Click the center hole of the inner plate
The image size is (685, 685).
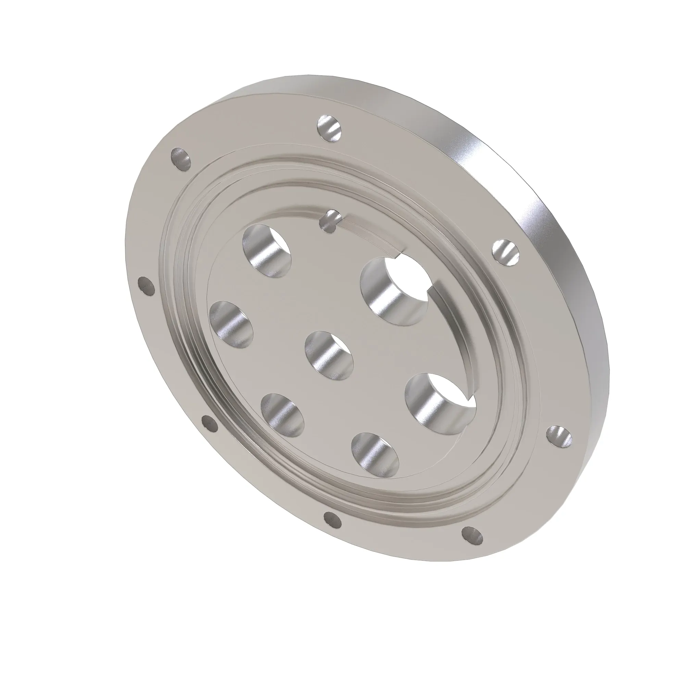(x=329, y=356)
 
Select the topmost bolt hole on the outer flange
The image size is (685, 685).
(x=330, y=129)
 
